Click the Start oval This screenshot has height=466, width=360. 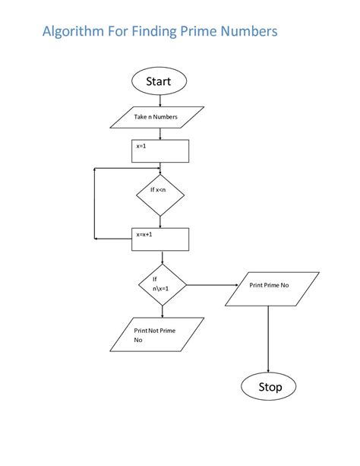(x=159, y=81)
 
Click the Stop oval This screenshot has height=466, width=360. (x=270, y=386)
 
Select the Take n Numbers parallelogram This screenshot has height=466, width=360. (x=157, y=117)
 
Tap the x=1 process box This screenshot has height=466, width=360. (x=160, y=151)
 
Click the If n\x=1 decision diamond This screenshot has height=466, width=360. (x=162, y=285)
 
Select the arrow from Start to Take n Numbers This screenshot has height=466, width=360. (x=159, y=100)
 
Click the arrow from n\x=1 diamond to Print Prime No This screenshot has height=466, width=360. (x=213, y=286)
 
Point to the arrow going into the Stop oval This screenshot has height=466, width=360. (x=270, y=342)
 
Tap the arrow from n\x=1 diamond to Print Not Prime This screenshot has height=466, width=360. (x=162, y=312)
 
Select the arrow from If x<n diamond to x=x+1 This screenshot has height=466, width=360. (x=159, y=221)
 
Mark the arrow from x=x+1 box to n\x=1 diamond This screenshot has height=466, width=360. (x=161, y=258)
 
